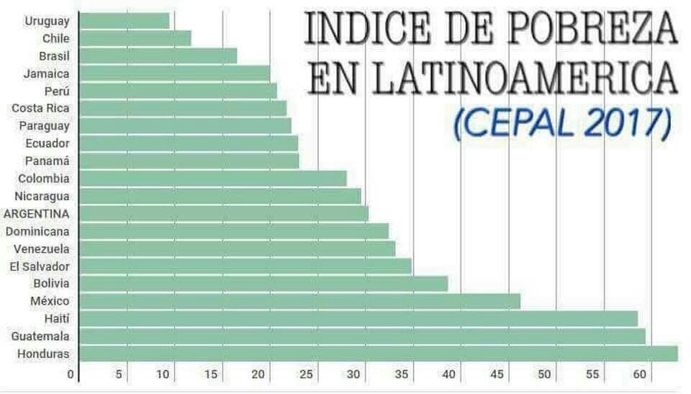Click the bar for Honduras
click(378, 354)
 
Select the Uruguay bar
click(124, 21)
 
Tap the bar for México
click(299, 301)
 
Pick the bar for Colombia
click(212, 179)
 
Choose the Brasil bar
click(158, 55)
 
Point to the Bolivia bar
click(263, 284)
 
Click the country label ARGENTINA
click(37, 214)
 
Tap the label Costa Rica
click(40, 108)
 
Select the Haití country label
click(56, 318)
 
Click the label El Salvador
click(40, 267)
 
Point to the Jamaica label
click(46, 73)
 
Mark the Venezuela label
click(42, 249)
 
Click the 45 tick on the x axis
click(497, 375)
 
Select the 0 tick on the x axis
click(71, 375)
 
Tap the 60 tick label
click(639, 375)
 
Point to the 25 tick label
click(307, 375)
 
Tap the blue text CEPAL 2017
click(562, 123)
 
